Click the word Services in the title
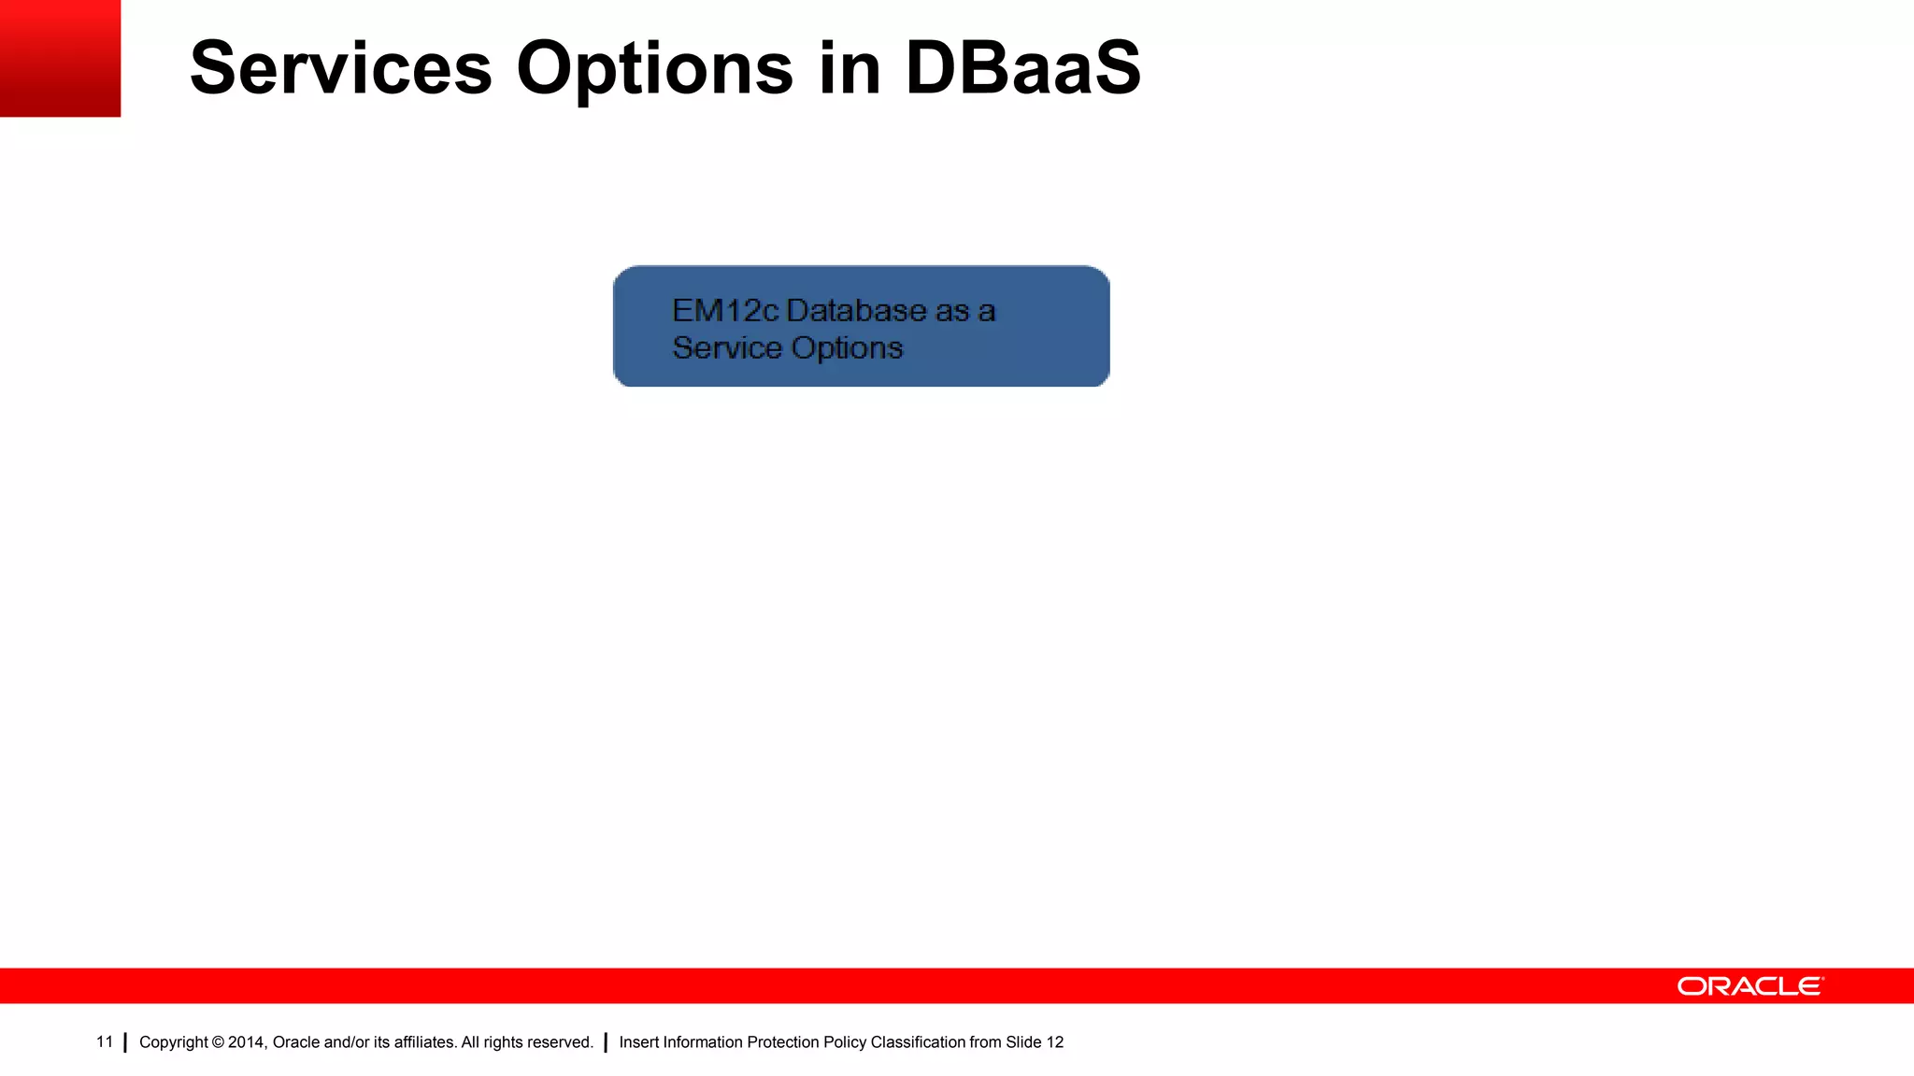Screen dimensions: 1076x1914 tap(340, 68)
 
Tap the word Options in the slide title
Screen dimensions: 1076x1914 tap(654, 68)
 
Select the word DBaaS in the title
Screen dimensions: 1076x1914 tap(1022, 68)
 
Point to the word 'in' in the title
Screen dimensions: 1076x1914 tap(850, 68)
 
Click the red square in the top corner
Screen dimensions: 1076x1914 tap(60, 58)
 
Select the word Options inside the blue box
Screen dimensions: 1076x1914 tap(847, 347)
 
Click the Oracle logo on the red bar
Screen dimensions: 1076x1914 tap(1750, 986)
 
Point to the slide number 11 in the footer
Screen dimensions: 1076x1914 tap(105, 1041)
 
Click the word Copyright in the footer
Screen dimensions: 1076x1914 tap(174, 1042)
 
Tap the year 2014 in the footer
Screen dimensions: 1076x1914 tap(247, 1042)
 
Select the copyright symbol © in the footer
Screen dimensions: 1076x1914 tap(218, 1042)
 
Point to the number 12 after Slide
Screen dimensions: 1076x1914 tap(1054, 1042)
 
